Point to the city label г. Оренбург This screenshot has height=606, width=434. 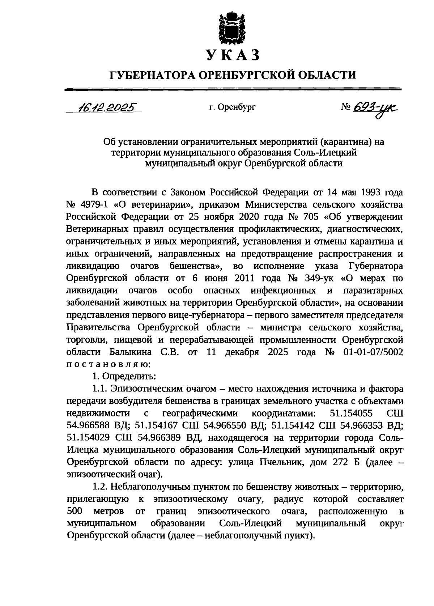pyautogui.click(x=232, y=107)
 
